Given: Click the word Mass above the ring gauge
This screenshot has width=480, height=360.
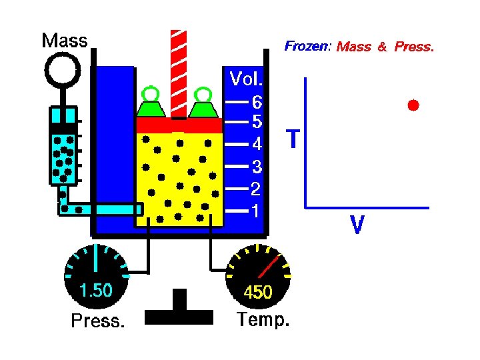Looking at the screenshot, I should pyautogui.click(x=65, y=41).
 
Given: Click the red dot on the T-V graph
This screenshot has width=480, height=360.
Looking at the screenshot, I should pyautogui.click(x=413, y=105).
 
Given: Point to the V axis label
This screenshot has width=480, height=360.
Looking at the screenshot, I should pyautogui.click(x=357, y=225).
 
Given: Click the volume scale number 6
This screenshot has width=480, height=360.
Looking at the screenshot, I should pyautogui.click(x=257, y=103).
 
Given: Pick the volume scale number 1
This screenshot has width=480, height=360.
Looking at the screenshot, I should pyautogui.click(x=255, y=211).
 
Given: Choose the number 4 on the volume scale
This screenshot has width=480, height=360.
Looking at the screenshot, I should pyautogui.click(x=257, y=144).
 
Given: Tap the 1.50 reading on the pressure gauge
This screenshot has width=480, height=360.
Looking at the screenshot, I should pyautogui.click(x=96, y=291).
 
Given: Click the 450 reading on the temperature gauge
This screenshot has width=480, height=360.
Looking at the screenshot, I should pyautogui.click(x=257, y=292).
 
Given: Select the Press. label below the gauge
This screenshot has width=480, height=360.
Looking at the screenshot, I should pyautogui.click(x=97, y=321).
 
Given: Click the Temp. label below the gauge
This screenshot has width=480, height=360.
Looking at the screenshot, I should pyautogui.click(x=263, y=320).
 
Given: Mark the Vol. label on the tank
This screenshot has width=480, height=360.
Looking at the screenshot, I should pyautogui.click(x=246, y=79).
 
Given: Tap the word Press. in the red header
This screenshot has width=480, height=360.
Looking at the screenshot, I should pyautogui.click(x=414, y=47).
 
